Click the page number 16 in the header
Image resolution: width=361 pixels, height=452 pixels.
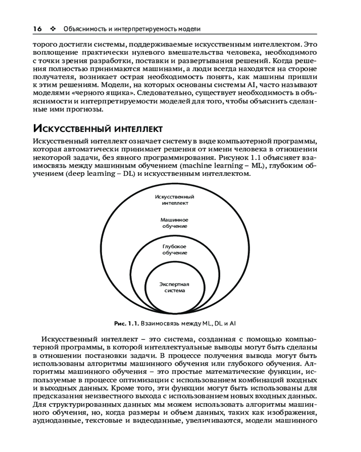(37, 28)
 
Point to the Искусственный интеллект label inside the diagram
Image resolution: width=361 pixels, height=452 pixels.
(174, 200)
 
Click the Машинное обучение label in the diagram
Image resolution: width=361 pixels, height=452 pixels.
(174, 222)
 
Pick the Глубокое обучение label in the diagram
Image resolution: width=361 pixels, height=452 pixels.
(174, 249)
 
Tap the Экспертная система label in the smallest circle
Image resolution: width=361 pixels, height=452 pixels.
(174, 287)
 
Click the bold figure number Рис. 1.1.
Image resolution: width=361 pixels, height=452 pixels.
(127, 324)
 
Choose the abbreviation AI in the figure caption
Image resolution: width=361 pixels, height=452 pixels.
(233, 324)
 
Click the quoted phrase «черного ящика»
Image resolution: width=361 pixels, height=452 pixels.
(109, 94)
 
